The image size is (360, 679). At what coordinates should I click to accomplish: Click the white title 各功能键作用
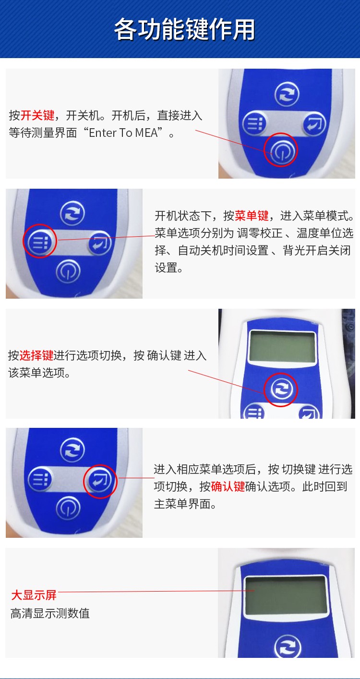[184, 29]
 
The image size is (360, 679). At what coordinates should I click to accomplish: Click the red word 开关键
[37, 115]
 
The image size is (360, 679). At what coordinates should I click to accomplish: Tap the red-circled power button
[281, 150]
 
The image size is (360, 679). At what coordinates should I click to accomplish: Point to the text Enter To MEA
[124, 133]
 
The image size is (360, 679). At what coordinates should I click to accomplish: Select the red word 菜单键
[252, 216]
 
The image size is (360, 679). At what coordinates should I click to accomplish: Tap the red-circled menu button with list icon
[40, 241]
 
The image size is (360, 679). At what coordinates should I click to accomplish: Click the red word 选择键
[36, 355]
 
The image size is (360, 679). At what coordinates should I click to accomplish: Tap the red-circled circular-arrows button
[281, 389]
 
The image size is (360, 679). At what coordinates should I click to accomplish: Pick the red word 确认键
[228, 486]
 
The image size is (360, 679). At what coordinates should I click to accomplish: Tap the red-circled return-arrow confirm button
[100, 481]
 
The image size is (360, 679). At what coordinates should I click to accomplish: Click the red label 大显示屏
[34, 595]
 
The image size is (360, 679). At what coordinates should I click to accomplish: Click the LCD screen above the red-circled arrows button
[282, 346]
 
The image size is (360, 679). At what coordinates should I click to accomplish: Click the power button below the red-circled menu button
[68, 271]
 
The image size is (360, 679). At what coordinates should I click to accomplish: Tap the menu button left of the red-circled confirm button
[40, 479]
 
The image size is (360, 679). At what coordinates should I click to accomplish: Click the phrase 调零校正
[260, 233]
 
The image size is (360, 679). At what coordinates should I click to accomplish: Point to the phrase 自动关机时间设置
[223, 250]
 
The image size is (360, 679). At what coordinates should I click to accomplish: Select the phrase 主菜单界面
[182, 504]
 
